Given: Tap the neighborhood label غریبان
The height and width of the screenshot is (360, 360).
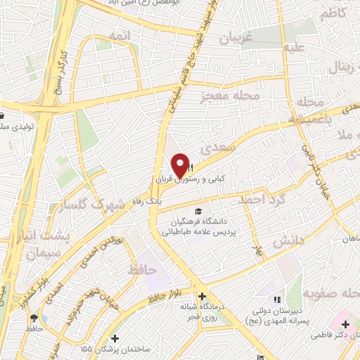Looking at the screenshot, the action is click(236, 38).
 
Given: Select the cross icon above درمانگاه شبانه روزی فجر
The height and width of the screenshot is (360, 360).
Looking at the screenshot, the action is click(203, 297).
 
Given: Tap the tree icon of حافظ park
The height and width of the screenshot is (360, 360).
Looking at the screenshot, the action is click(34, 318).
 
